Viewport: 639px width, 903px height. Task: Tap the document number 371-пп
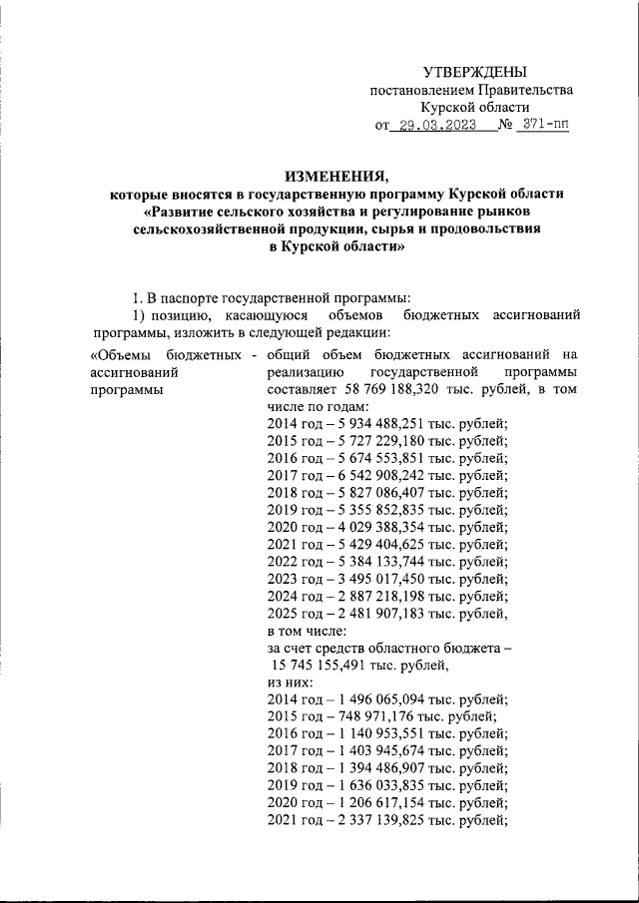548,126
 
